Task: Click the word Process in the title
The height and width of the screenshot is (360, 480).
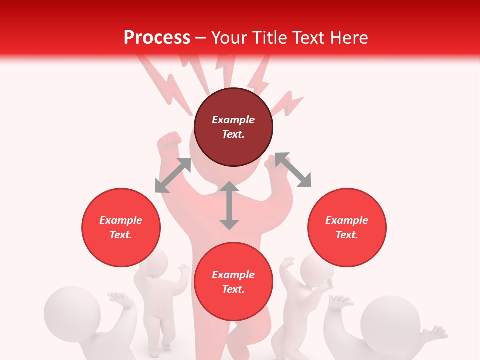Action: coord(157,38)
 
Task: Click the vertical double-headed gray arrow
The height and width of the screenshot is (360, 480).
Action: coord(229,205)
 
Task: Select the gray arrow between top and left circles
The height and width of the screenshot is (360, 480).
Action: coord(173,175)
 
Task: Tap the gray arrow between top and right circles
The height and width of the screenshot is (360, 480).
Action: coord(293,170)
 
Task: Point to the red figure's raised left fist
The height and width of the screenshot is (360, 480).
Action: coord(168,142)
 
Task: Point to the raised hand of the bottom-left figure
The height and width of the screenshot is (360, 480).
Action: coord(120,300)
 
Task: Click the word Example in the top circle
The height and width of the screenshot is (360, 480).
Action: coord(233,120)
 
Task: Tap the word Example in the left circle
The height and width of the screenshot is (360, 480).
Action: coord(121,220)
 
